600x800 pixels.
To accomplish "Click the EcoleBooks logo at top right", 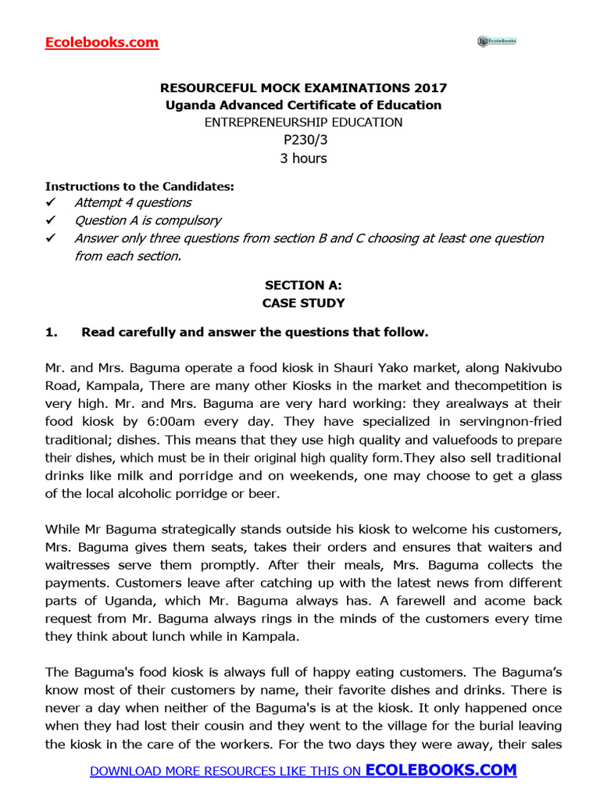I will click(x=497, y=41).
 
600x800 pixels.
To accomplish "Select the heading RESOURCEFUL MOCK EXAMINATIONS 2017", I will click(x=303, y=88).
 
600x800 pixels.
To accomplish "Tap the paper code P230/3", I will click(x=303, y=141).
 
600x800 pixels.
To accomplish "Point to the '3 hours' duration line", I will click(x=303, y=159).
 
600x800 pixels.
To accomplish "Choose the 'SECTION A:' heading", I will click(x=303, y=286).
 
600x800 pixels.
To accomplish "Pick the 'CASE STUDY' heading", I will click(x=303, y=303).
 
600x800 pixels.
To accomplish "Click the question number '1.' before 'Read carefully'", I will click(x=52, y=332).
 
